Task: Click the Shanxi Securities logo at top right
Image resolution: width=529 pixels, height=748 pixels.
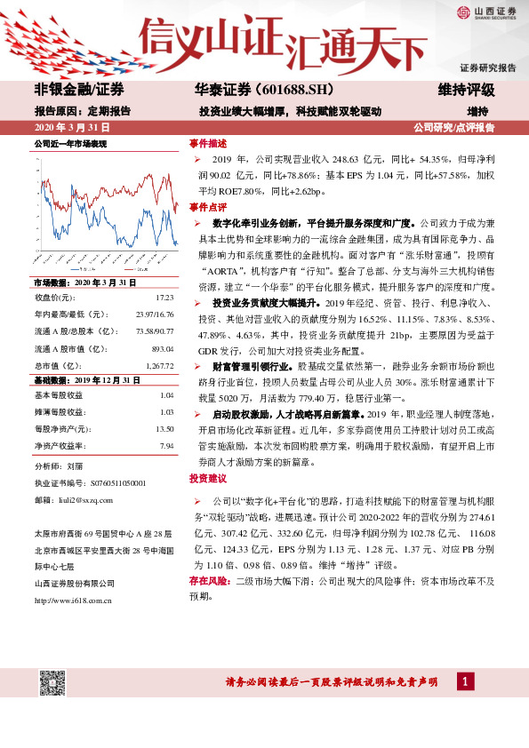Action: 485,12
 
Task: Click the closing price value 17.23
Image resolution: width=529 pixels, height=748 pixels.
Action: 164,296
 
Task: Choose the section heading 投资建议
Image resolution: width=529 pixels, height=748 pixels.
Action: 208,478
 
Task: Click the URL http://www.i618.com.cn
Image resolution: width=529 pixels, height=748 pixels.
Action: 72,601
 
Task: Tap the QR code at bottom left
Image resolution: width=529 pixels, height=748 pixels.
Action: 51,683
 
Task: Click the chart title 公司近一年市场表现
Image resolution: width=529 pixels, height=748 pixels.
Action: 70,143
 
